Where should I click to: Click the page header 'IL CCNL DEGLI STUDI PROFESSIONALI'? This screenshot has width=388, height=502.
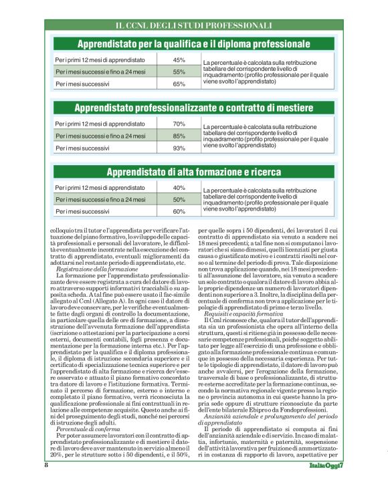point(193,25)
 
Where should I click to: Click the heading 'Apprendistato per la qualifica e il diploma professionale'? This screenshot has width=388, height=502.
point(193,45)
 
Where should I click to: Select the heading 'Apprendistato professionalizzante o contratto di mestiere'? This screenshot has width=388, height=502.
point(193,108)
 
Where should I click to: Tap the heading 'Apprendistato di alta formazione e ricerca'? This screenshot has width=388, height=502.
point(193,172)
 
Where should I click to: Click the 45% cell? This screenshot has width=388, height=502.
point(179,60)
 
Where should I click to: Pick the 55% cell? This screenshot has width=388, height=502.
point(179,72)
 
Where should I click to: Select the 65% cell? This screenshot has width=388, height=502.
point(179,84)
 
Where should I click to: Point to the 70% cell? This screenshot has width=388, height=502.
point(179,124)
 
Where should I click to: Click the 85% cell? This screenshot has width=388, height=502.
point(179,136)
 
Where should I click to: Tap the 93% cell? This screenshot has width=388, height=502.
point(179,148)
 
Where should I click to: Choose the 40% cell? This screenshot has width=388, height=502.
point(179,187)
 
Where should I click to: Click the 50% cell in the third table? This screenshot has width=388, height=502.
point(179,199)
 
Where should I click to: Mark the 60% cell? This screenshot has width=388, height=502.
point(179,211)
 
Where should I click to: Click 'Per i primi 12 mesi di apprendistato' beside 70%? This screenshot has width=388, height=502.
point(100,124)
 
